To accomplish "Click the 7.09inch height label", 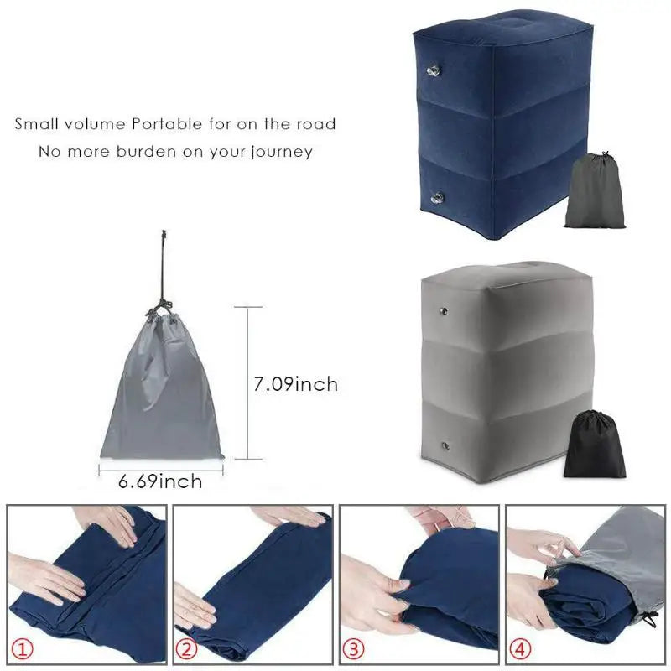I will [x=295, y=384].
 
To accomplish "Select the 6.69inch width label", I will [x=161, y=481].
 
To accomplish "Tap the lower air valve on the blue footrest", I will [x=436, y=197].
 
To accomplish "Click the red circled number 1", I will [x=22, y=648].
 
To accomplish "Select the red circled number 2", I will [x=188, y=648].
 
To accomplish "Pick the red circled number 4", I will [x=521, y=648].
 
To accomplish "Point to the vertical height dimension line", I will [x=247, y=383].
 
